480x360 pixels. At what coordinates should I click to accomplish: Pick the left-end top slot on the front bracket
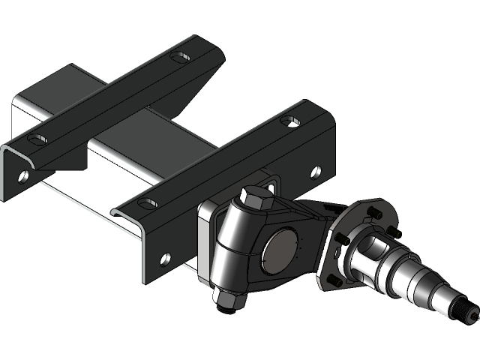coord(148,203)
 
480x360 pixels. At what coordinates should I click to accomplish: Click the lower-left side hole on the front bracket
coord(165,259)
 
